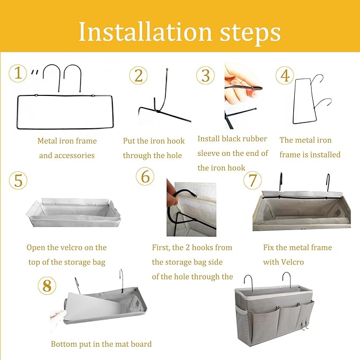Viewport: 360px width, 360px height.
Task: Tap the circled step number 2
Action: (138, 75)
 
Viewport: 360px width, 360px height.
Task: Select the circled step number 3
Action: (206, 75)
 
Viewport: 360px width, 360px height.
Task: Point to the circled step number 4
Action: (285, 75)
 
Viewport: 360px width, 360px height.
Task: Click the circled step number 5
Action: (18, 180)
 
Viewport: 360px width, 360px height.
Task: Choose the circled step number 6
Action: (145, 177)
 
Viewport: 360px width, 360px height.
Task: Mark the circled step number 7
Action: (252, 180)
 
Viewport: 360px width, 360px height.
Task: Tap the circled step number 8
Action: (47, 286)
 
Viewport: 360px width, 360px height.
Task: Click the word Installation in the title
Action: (145, 31)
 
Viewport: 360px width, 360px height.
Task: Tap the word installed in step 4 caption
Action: (326, 154)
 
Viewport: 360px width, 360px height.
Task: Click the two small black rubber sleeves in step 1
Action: (34, 72)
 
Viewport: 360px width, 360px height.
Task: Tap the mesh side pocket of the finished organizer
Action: (242, 324)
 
